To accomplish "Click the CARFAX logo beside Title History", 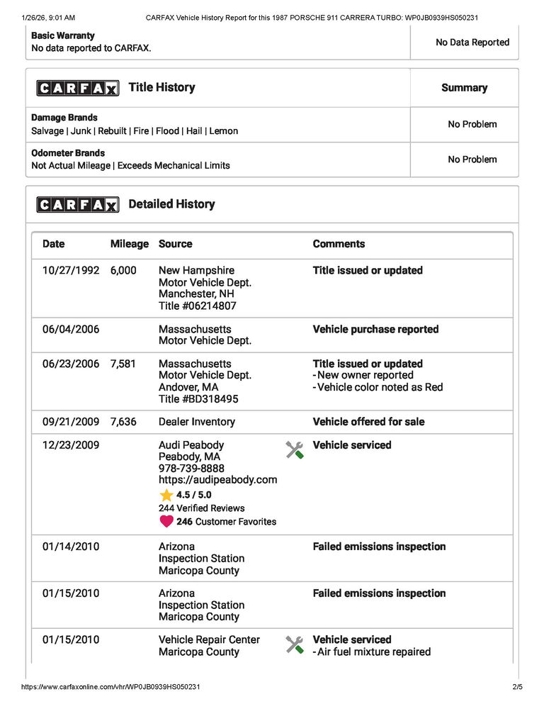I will click(78, 88).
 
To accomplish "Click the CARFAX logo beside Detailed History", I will click(78, 205).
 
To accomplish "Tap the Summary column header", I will click(464, 88).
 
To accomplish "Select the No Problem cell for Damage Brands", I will click(472, 124).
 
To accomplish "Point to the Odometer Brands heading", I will click(68, 153).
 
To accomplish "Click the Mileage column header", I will click(130, 244).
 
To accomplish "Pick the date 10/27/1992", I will click(71, 271).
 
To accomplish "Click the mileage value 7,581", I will click(123, 364).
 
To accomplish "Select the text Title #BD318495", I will click(198, 399).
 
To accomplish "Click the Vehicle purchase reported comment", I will click(375, 330).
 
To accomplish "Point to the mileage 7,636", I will click(123, 422).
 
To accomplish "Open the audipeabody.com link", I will click(217, 480).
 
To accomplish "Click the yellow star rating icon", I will click(166, 495).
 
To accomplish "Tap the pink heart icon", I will click(166, 521).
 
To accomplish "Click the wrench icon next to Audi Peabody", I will click(295, 449).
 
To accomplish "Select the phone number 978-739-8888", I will click(191, 469).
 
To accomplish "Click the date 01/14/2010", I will click(71, 547).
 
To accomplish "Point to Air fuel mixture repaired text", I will click(374, 652).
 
